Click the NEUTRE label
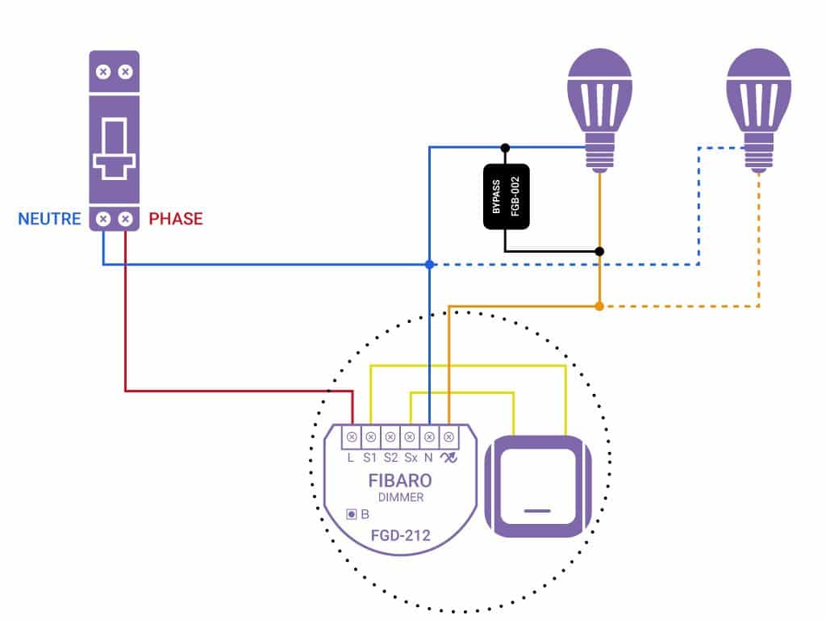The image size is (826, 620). pyautogui.click(x=49, y=219)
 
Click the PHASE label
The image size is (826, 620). pyautogui.click(x=176, y=219)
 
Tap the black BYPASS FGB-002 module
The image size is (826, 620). pyautogui.click(x=507, y=197)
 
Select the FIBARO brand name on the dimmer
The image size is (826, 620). pyautogui.click(x=400, y=480)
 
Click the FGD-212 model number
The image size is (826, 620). pyautogui.click(x=400, y=536)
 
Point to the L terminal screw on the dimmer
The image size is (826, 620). pyautogui.click(x=352, y=437)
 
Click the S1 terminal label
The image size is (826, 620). pyautogui.click(x=369, y=458)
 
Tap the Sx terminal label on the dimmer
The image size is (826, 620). pyautogui.click(x=411, y=458)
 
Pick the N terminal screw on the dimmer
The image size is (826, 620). pyautogui.click(x=429, y=437)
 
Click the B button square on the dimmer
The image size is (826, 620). pyautogui.click(x=352, y=514)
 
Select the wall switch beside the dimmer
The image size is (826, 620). pyautogui.click(x=538, y=487)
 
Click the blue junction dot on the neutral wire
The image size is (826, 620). pyautogui.click(x=430, y=264)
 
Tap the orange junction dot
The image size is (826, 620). pyautogui.click(x=599, y=306)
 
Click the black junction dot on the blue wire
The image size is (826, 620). pyautogui.click(x=505, y=148)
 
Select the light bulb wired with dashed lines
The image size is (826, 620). pyautogui.click(x=758, y=110)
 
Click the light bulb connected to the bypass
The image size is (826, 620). pyautogui.click(x=599, y=110)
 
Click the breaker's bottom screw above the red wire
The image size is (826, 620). pyautogui.click(x=125, y=219)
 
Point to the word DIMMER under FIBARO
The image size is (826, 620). pyautogui.click(x=401, y=497)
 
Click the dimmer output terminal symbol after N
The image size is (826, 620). pyautogui.click(x=448, y=458)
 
